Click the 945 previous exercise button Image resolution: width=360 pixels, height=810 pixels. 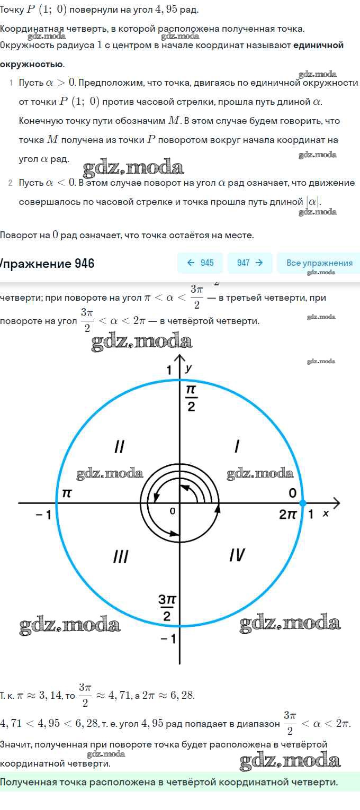pyautogui.click(x=200, y=263)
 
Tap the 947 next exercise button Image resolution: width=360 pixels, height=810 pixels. pyautogui.click(x=250, y=263)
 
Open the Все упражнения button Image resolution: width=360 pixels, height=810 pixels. pyautogui.click(x=318, y=263)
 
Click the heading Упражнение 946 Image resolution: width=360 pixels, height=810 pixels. pyautogui.click(x=47, y=264)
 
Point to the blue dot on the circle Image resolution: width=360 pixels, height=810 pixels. pyautogui.click(x=303, y=502)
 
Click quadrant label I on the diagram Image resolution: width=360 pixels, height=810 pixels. pyautogui.click(x=237, y=446)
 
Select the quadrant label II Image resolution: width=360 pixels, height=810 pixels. pyautogui.click(x=119, y=447)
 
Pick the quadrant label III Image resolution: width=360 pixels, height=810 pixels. pyautogui.click(x=121, y=556)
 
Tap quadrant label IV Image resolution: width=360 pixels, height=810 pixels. pyautogui.click(x=237, y=555)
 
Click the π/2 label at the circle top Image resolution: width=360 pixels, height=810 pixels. pyautogui.click(x=191, y=398)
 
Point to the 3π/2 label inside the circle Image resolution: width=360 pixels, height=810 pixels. pyautogui.click(x=167, y=608)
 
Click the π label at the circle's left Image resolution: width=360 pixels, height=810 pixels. pyautogui.click(x=67, y=493)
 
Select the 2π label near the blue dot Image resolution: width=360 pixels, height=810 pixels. pyautogui.click(x=287, y=514)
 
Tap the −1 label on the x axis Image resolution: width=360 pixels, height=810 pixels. pyautogui.click(x=44, y=515)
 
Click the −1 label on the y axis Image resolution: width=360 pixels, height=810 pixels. pyautogui.click(x=168, y=639)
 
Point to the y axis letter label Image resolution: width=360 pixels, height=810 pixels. pyautogui.click(x=188, y=369)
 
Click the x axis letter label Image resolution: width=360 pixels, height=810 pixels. pyautogui.click(x=326, y=514)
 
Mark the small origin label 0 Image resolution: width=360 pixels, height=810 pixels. pyautogui.click(x=173, y=511)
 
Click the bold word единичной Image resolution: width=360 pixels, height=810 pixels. pyautogui.click(x=318, y=46)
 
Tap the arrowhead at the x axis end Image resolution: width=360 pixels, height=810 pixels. pyautogui.click(x=337, y=502)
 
